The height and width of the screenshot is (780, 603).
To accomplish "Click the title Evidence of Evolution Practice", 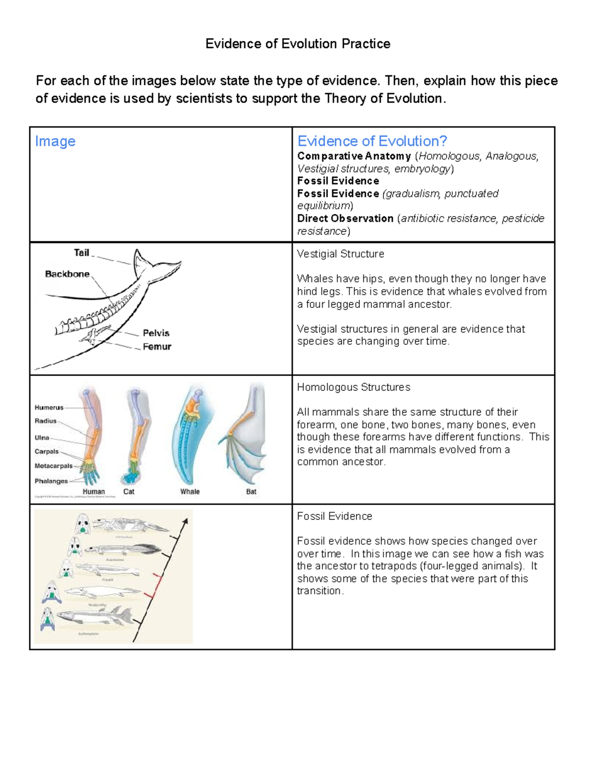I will coord(297,44).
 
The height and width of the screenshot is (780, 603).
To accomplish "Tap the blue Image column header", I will coord(55,141).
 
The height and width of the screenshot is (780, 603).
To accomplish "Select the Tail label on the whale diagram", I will coord(81,253).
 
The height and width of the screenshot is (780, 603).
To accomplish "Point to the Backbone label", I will coord(67,274).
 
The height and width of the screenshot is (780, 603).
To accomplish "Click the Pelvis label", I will coord(156,333).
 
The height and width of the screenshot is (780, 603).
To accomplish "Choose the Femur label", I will coord(157,347).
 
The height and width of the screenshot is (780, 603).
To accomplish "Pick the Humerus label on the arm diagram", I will coord(49,407).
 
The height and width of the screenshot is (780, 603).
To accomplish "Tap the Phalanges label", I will coord(51,481).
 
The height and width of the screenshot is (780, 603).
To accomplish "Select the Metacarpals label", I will coord(53,466).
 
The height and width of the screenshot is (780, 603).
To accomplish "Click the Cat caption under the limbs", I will coord(129,492).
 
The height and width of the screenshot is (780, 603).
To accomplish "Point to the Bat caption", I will coord(251,492).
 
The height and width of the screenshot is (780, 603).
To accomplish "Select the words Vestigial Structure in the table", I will coord(340,254).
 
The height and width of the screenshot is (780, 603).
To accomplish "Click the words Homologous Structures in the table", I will coord(353,387).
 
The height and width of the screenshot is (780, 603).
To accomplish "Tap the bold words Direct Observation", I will coord(345,218).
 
